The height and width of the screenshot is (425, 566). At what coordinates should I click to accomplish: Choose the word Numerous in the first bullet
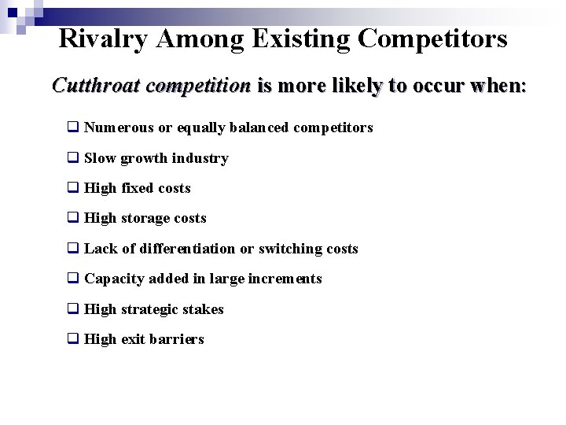click(x=119, y=128)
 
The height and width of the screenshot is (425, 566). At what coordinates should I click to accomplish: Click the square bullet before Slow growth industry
click(x=72, y=158)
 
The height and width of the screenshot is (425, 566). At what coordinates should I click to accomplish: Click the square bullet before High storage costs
click(x=72, y=218)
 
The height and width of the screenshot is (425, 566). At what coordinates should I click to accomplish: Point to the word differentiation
click(x=186, y=249)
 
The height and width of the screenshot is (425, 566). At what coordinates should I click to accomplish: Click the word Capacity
click(x=113, y=279)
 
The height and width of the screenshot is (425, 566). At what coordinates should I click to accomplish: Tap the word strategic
click(x=150, y=309)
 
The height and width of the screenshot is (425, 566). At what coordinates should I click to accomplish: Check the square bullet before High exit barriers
click(x=72, y=339)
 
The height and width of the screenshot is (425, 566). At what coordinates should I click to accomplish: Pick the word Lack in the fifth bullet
click(x=99, y=249)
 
